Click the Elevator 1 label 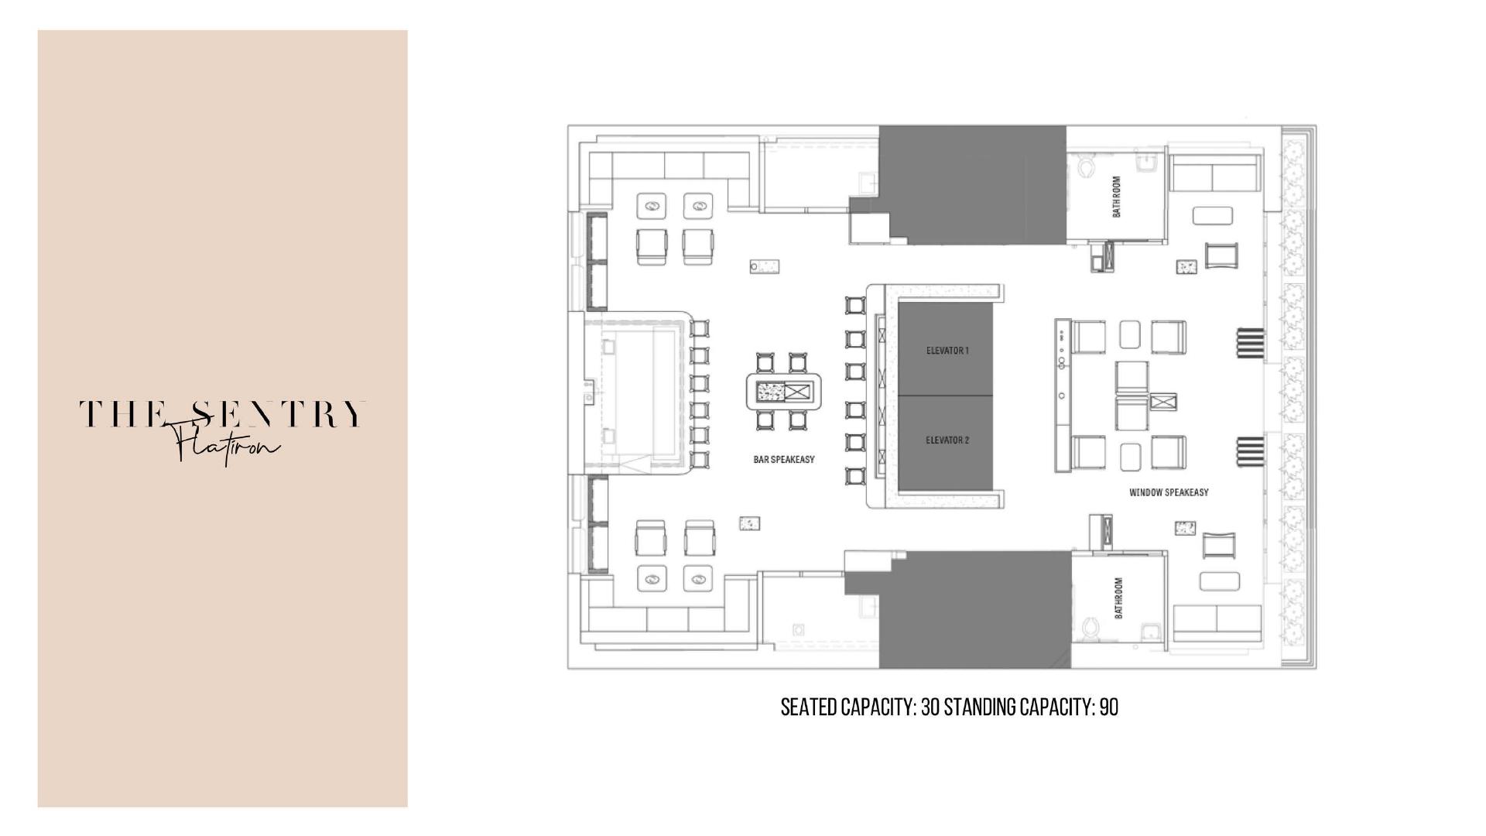point(947,351)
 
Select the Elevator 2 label point(947,440)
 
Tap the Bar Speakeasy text point(784,460)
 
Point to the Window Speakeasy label point(1169,492)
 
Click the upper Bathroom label point(1117,197)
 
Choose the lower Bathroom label point(1118,598)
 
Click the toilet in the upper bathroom point(1086,166)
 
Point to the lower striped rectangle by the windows point(1250,452)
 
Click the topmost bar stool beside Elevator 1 point(854,304)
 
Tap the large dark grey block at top point(973,184)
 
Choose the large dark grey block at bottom point(975,610)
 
